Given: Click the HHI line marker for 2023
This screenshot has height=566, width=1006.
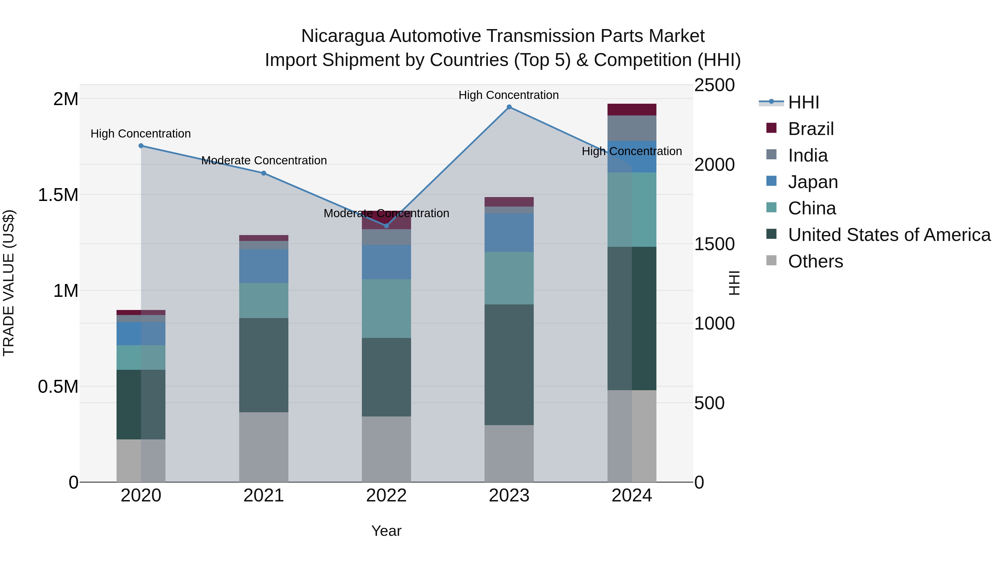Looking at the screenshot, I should [x=509, y=107].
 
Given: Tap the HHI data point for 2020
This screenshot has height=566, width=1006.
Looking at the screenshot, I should [x=141, y=146].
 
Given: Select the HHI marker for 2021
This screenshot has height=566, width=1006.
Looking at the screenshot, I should [x=264, y=173].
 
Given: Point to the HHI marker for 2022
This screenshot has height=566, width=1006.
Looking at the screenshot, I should [x=386, y=226].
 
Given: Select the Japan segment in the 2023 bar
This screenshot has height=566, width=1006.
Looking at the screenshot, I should [x=509, y=233].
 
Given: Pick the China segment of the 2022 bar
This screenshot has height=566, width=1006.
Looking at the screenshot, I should [x=386, y=308].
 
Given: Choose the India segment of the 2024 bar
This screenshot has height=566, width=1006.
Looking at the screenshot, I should [x=632, y=128].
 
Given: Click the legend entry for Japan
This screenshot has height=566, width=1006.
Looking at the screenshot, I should [x=813, y=182].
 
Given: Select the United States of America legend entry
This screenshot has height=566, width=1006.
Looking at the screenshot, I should [x=889, y=235].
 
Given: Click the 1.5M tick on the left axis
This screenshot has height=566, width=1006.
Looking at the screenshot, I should [x=58, y=195].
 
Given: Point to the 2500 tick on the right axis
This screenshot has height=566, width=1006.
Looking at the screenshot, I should [x=714, y=85].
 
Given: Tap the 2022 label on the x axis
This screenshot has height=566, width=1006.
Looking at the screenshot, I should [x=386, y=495].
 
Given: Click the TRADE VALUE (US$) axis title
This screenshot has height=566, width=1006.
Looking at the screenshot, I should [x=9, y=283].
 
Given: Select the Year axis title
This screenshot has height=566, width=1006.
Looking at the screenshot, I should [x=386, y=531].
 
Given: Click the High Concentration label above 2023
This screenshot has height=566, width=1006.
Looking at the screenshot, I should [x=509, y=95].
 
